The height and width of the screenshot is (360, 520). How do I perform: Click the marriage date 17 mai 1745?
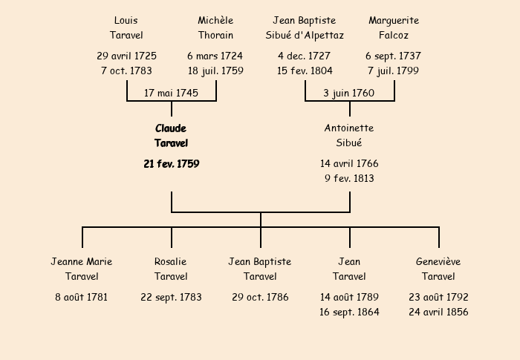171,94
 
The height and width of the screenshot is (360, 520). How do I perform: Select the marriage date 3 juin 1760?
349,94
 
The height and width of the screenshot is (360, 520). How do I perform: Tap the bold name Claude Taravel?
171,136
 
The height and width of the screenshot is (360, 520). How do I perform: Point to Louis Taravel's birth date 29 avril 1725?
126,56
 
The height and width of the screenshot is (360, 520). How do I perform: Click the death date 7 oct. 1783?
126,71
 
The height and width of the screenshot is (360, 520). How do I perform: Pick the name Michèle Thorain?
215,27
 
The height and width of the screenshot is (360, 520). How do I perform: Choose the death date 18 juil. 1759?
215,71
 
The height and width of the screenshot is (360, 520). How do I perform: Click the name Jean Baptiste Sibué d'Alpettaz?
305,27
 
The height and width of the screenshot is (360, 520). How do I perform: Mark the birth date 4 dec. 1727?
305,56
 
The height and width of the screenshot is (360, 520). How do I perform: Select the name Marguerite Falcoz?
394,27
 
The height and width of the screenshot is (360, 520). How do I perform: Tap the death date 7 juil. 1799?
394,71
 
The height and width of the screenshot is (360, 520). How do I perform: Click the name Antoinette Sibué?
349,136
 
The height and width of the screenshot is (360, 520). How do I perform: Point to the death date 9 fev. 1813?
349,179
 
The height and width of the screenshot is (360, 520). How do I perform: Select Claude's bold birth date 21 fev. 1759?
171,164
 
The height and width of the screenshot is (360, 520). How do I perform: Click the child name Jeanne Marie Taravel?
82,269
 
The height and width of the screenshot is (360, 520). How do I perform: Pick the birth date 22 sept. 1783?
171,298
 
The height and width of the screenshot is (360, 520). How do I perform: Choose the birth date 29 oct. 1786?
260,298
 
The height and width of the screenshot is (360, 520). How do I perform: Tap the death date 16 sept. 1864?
349,312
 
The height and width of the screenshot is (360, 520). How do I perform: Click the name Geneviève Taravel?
438,269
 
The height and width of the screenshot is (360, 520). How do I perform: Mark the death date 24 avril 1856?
438,312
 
